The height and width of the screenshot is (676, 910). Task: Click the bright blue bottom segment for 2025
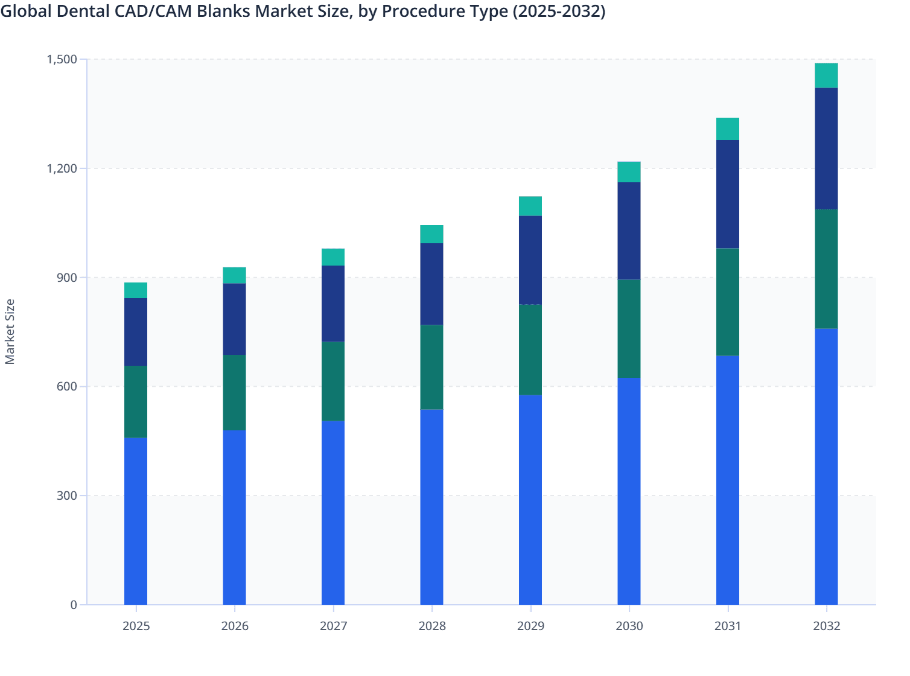click(x=136, y=521)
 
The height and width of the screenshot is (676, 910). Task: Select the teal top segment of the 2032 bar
click(x=826, y=75)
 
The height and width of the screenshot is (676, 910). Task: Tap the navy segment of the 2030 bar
click(x=629, y=231)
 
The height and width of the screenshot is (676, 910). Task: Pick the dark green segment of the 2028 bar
click(x=431, y=367)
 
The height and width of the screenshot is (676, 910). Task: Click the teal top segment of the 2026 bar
click(x=234, y=275)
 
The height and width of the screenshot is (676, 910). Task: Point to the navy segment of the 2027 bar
click(x=333, y=304)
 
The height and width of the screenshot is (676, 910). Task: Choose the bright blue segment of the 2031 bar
click(x=727, y=480)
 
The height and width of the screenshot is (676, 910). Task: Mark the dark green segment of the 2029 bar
click(x=530, y=349)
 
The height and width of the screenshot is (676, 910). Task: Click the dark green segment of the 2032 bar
click(x=826, y=269)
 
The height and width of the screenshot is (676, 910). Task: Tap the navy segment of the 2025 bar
click(x=136, y=332)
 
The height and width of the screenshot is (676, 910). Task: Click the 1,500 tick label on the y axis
click(x=62, y=59)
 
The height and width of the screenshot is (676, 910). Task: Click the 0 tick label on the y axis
click(x=74, y=605)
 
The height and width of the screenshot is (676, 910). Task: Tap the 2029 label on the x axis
click(x=530, y=626)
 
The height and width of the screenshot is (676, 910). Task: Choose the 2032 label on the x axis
click(x=826, y=626)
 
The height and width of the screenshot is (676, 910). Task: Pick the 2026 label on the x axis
click(x=234, y=626)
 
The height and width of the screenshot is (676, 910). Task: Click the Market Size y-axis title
click(x=10, y=331)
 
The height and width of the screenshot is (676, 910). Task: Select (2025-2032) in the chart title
click(x=558, y=11)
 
